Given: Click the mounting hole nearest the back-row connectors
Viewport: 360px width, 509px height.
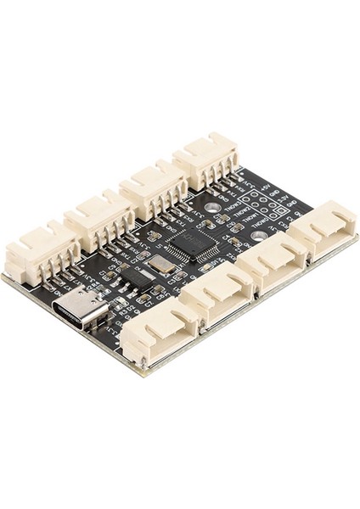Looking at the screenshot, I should [x=212, y=206].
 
